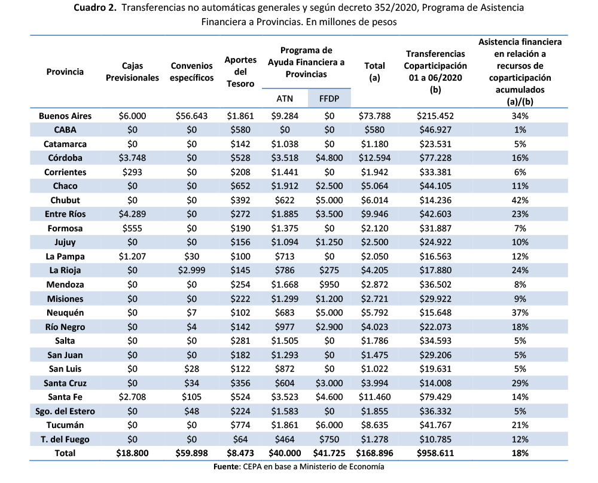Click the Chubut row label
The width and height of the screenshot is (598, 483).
65,200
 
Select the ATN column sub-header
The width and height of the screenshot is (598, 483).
284,98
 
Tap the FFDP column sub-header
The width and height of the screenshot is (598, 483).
329,98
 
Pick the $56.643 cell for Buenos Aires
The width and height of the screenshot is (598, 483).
191,116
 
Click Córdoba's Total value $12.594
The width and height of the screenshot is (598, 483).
374,158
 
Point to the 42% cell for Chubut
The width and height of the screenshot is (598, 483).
520,200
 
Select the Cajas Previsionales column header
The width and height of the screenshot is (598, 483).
132,72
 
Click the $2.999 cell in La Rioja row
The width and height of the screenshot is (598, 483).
191,270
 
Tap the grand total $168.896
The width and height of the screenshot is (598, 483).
374,453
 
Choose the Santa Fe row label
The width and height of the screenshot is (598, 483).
65,397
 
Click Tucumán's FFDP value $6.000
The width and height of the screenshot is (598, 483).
329,425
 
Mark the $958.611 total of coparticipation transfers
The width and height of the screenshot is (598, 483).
435,453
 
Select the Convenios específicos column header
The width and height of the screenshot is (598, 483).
191,72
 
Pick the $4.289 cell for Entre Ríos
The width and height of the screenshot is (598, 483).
132,214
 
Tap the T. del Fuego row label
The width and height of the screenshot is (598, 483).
65,439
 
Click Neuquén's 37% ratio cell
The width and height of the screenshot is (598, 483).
520,313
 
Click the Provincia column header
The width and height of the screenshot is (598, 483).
65,72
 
